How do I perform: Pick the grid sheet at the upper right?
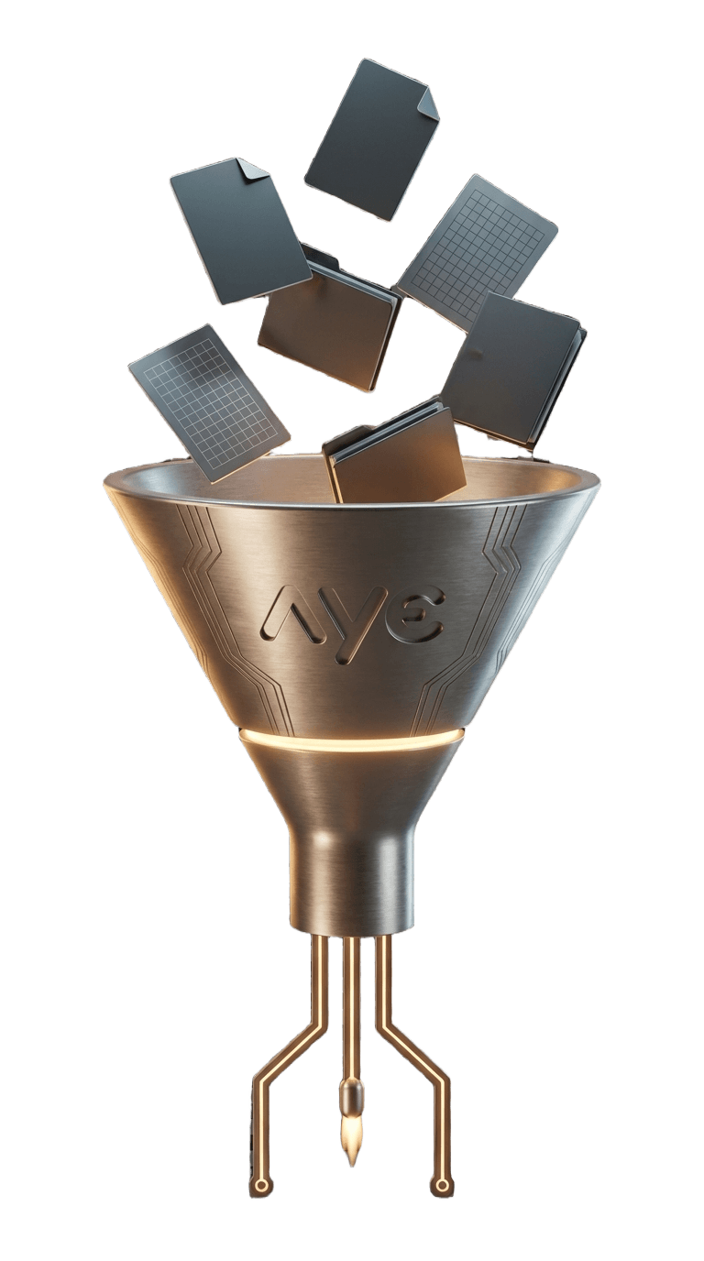pos(477,251)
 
